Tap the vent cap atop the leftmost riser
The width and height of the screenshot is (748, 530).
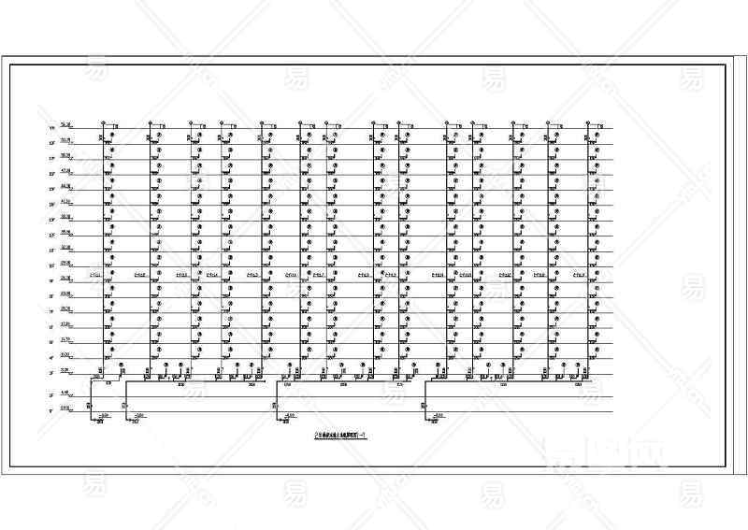point(103,122)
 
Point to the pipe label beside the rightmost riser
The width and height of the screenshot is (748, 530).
point(579,276)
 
